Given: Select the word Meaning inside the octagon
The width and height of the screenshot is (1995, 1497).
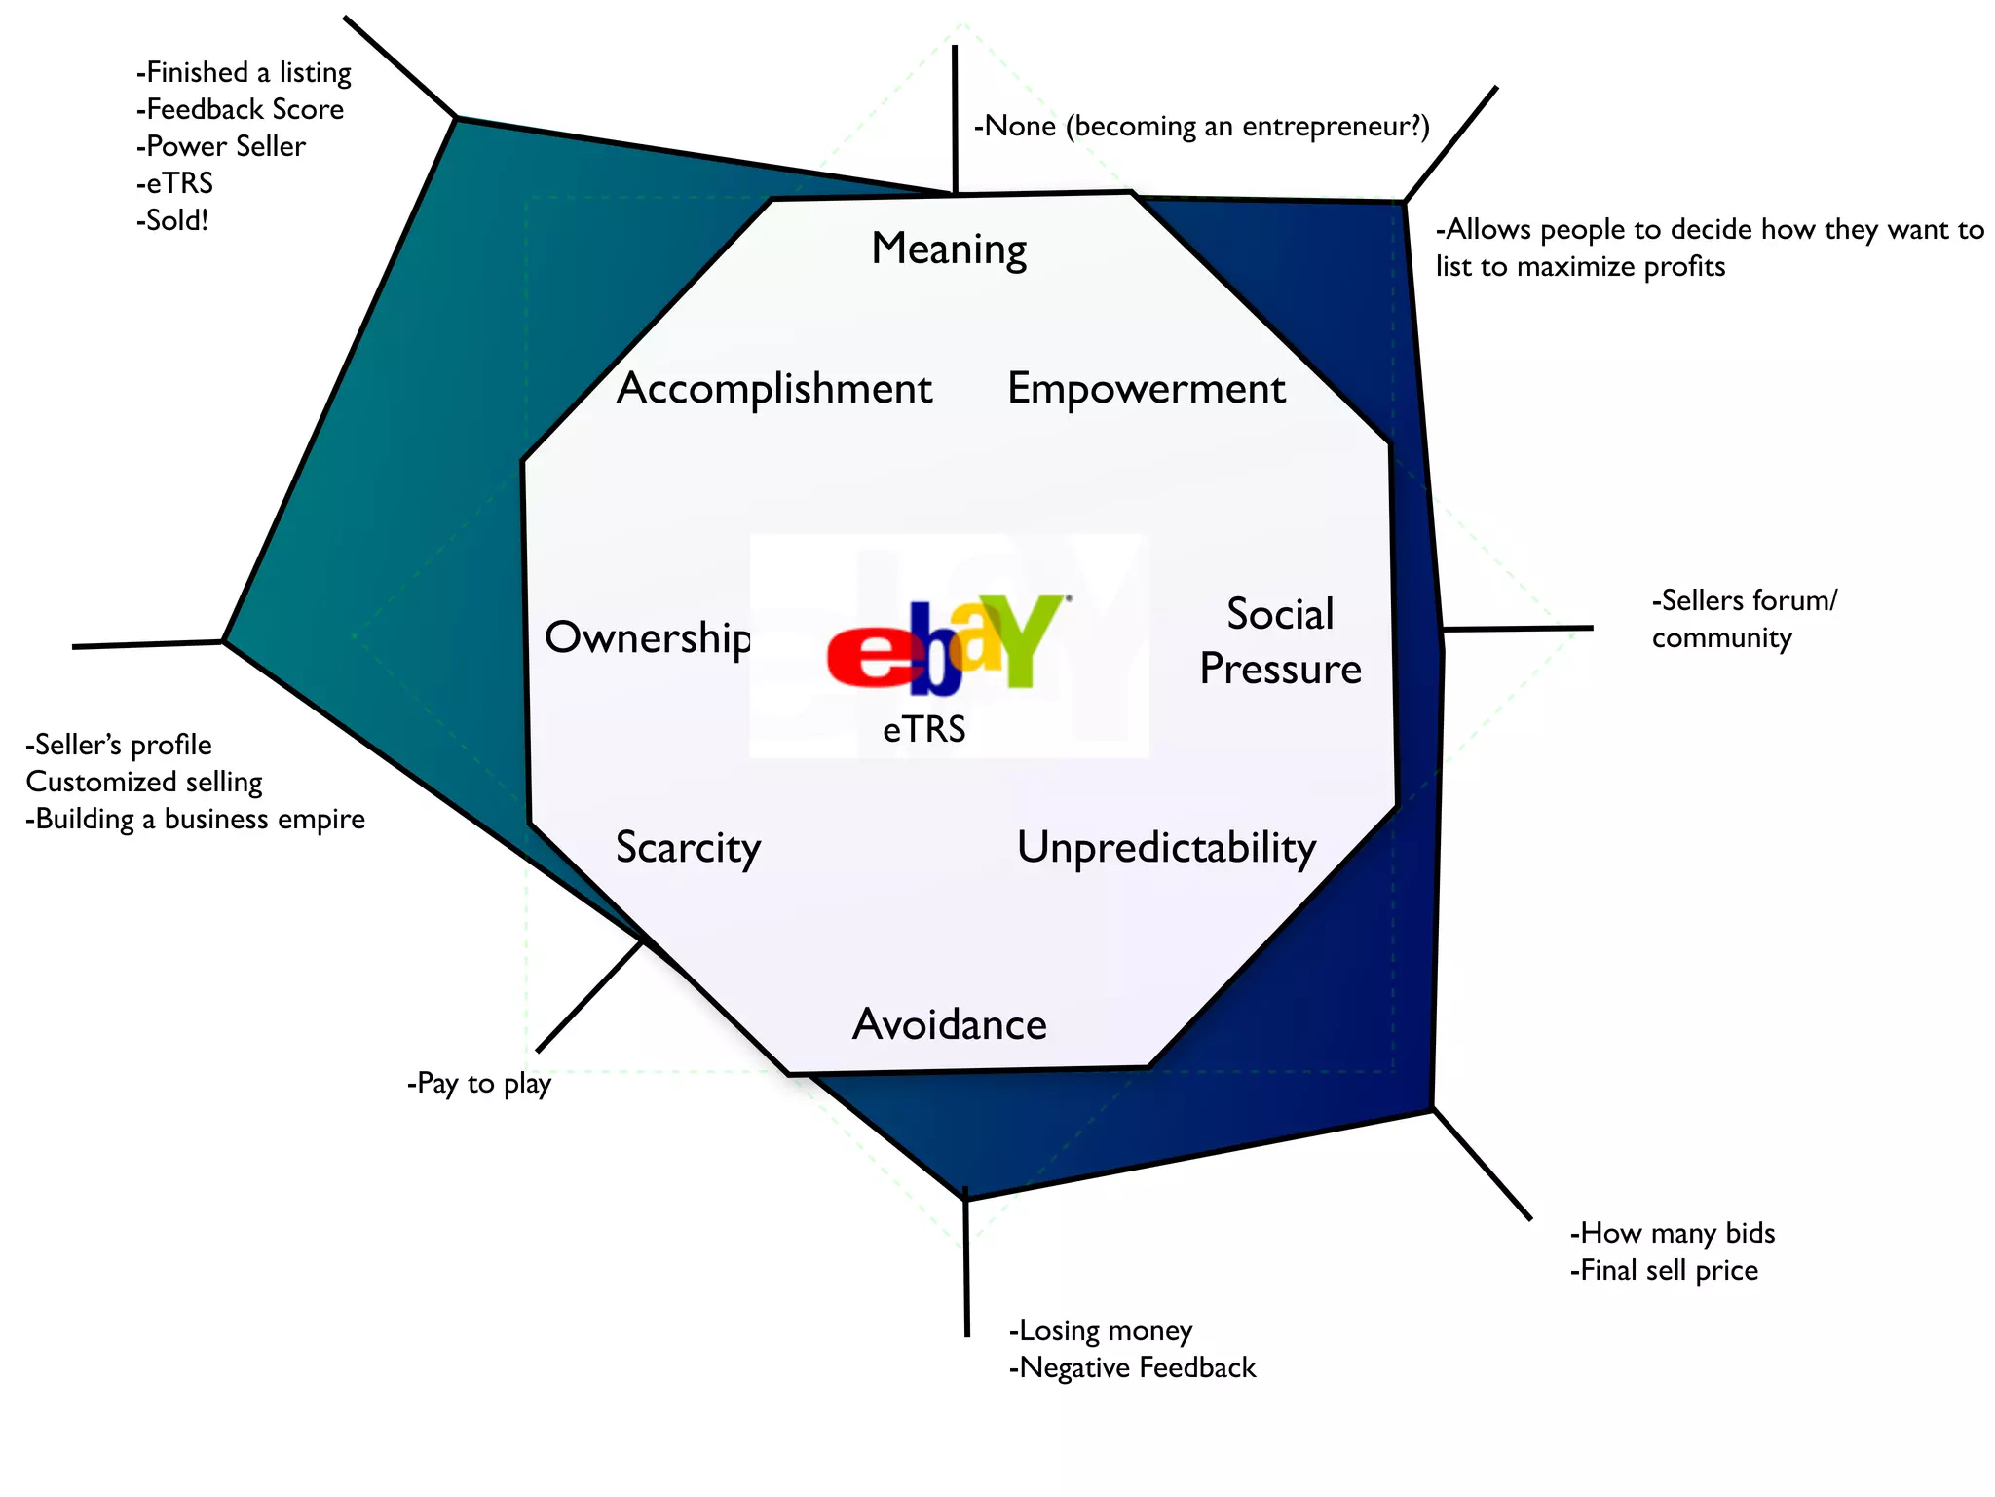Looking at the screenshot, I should [949, 249].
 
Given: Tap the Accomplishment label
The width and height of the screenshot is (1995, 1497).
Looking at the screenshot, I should [774, 389].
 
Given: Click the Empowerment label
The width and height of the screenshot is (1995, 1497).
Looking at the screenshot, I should [1146, 389].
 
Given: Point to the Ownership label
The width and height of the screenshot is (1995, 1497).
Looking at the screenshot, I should [648, 638].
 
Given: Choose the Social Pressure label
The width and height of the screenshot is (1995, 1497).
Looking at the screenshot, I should [1280, 641].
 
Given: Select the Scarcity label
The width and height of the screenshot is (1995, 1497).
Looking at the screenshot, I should [688, 847].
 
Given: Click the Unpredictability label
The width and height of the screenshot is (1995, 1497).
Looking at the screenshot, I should [1166, 847].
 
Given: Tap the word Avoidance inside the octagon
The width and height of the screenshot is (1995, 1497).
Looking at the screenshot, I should [949, 1024].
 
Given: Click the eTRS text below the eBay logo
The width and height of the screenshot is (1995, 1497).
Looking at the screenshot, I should [923, 729].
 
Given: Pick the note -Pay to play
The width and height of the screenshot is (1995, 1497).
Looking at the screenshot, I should [479, 1084].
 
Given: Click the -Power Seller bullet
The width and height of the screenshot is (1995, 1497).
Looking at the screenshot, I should [221, 146].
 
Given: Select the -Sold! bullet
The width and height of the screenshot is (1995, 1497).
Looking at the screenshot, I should [172, 220].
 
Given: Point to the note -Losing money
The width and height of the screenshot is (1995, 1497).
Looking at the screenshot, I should [1101, 1331].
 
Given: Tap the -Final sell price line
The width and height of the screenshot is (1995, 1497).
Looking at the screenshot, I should [1664, 1271].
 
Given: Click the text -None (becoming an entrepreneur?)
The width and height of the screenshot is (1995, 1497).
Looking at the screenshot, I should [1201, 127].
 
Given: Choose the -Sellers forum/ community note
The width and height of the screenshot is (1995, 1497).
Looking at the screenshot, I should [1743, 619].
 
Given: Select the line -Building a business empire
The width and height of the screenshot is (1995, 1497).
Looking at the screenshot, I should [195, 819].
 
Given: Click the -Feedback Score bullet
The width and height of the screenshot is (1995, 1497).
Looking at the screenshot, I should [240, 109].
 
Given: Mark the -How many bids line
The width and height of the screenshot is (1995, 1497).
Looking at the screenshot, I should [1673, 1234].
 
